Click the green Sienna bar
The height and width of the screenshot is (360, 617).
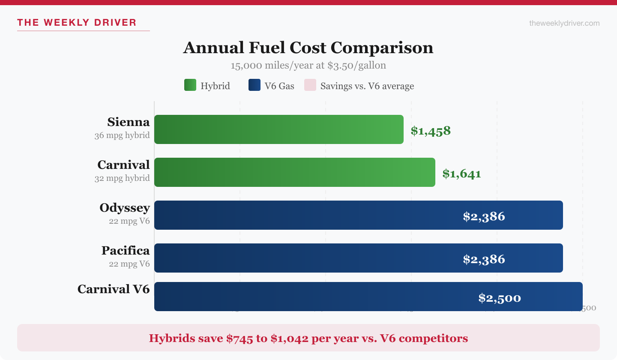click(x=279, y=129)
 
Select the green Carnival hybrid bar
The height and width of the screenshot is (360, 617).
click(x=294, y=172)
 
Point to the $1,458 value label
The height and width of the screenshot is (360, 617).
click(x=431, y=131)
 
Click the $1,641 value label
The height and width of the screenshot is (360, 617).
click(x=461, y=174)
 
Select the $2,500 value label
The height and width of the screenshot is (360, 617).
click(x=500, y=298)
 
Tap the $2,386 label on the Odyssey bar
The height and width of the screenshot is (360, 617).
click(x=484, y=216)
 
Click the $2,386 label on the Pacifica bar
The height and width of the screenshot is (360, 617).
click(x=484, y=259)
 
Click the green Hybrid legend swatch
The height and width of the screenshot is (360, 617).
click(x=190, y=85)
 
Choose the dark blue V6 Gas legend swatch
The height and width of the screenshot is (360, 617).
click(x=254, y=85)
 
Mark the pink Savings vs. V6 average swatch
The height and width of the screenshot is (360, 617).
click(x=310, y=85)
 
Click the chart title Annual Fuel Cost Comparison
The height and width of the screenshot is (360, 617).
click(x=308, y=48)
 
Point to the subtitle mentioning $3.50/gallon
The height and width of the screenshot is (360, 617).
click(x=308, y=66)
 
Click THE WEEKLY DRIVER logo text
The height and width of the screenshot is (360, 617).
click(x=77, y=23)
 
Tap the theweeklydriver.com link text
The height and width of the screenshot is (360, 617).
click(x=564, y=23)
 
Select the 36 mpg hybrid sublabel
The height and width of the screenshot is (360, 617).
click(x=122, y=135)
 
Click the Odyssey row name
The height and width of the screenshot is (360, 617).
click(x=125, y=208)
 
